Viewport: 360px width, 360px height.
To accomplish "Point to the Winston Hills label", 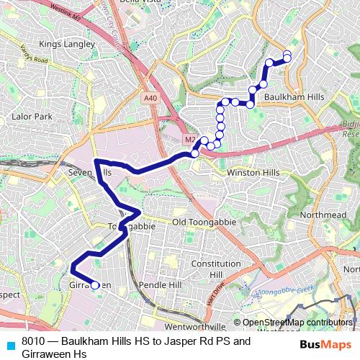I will click(x=251, y=174).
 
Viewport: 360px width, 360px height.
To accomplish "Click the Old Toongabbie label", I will click(x=206, y=222).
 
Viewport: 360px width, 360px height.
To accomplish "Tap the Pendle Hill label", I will click(x=160, y=285).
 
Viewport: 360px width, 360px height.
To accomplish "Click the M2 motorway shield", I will click(x=190, y=139).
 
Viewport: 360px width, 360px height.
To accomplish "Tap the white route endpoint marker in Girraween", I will click(x=95, y=286).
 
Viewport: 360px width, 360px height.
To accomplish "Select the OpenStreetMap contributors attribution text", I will click(x=297, y=323).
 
